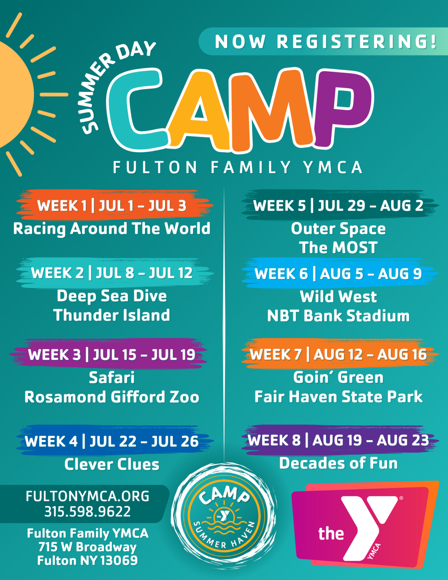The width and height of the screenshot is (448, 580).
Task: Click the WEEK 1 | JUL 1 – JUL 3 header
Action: coord(112,206)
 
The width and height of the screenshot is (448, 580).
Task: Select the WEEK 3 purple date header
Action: coord(112,354)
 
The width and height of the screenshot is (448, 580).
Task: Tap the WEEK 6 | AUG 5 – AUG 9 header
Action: coord(338,274)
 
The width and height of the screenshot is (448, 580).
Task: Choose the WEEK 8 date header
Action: coord(338,440)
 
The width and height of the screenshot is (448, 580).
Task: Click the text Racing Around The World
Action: coord(112,229)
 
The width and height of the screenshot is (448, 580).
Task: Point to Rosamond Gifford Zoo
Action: coord(112,397)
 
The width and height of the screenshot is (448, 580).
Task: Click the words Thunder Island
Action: coord(112,315)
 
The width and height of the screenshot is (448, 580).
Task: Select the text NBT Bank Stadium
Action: coord(338,316)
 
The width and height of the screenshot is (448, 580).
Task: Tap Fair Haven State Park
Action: coord(338,397)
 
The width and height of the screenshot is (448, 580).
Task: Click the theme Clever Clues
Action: coord(112,465)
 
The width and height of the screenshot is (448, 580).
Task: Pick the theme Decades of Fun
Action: coord(338,463)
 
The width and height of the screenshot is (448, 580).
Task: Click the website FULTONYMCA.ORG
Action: coord(87,496)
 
